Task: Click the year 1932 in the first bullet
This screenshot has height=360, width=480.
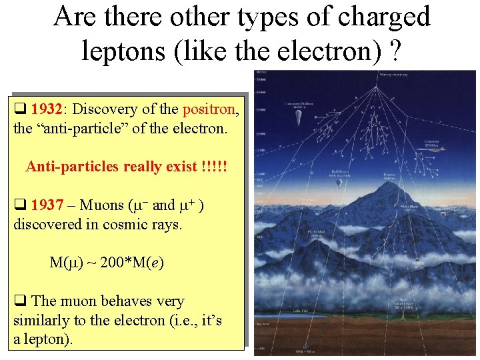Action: tap(47, 109)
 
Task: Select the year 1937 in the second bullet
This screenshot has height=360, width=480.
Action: tap(47, 205)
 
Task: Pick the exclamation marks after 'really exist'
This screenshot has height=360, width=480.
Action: tap(213, 166)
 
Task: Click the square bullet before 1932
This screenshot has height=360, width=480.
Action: tap(20, 109)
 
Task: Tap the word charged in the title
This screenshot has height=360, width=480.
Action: tap(379, 16)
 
